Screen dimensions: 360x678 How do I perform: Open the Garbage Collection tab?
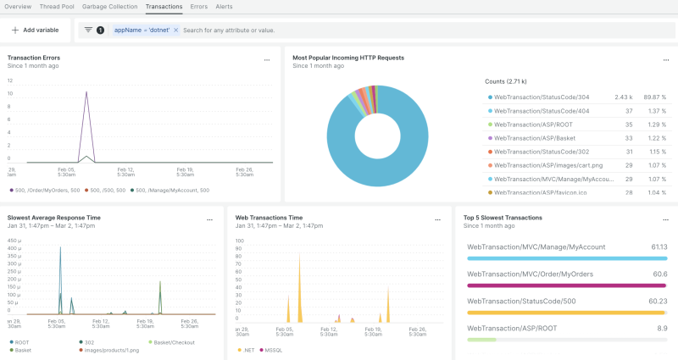tap(109, 6)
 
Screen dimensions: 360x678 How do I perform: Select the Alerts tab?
tap(224, 6)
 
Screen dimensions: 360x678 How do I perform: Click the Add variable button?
tap(35, 30)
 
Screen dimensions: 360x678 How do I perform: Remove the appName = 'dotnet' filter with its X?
tap(175, 30)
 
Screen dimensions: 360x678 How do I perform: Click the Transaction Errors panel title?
tap(33, 58)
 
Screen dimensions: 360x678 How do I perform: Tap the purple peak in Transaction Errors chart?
tap(86, 93)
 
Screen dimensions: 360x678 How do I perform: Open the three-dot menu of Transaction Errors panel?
tap(267, 60)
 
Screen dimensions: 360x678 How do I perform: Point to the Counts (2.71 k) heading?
tap(506, 81)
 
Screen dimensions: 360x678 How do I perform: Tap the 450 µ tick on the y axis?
tap(14, 240)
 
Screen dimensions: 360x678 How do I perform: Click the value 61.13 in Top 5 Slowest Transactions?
tap(658, 246)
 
